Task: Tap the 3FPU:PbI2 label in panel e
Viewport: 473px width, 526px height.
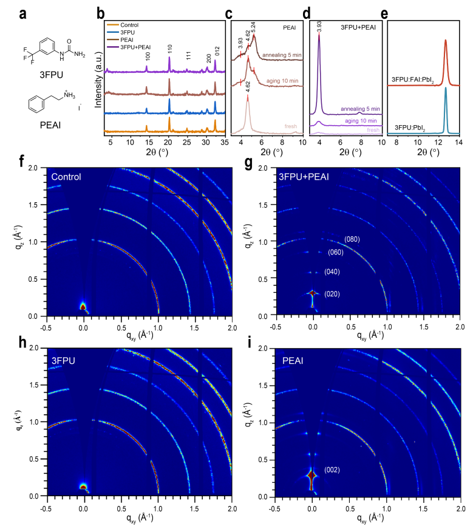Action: click(411, 126)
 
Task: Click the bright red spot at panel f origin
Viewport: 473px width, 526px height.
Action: click(83, 307)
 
